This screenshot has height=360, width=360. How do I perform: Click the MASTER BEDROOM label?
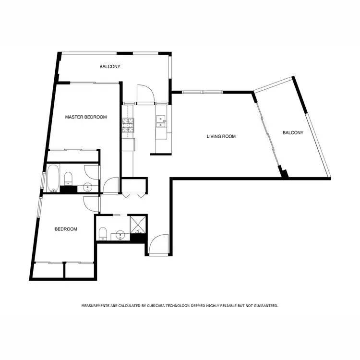tap(86, 117)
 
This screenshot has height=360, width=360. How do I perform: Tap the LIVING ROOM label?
tap(221, 136)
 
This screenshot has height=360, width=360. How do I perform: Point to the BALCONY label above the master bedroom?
tap(110, 66)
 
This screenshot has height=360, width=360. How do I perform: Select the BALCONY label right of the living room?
tap(293, 132)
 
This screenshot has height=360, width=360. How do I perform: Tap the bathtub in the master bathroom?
tap(52, 177)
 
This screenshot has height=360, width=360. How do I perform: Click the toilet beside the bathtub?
tap(68, 178)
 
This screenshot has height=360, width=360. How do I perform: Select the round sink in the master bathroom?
tap(88, 187)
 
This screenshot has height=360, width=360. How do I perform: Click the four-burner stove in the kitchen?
tap(128, 126)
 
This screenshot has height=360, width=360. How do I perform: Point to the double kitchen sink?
tap(160, 122)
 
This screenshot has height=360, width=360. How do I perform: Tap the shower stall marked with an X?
tap(139, 223)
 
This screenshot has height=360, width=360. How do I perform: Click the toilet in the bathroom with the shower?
tap(103, 234)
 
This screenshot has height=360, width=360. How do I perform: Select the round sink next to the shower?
tap(120, 235)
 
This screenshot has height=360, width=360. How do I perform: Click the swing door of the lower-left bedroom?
tap(91, 204)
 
